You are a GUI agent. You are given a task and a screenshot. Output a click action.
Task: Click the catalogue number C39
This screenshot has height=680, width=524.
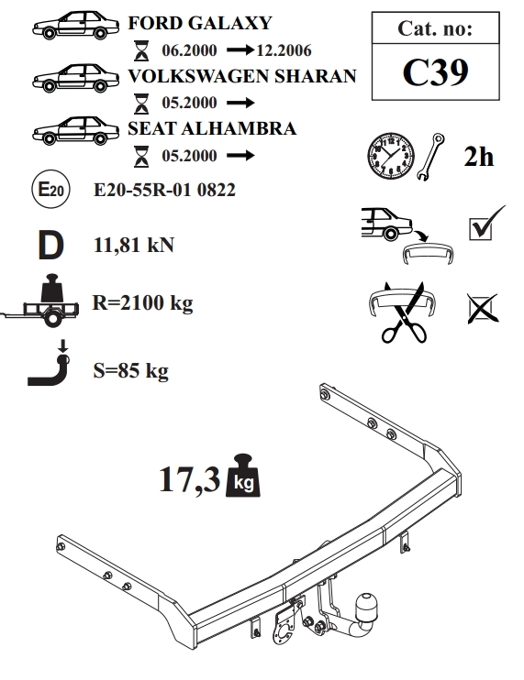[x=435, y=72]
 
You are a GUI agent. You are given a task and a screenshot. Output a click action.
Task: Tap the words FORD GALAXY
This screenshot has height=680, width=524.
[x=200, y=23]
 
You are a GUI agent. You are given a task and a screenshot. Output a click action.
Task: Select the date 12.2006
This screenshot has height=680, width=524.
[x=284, y=50]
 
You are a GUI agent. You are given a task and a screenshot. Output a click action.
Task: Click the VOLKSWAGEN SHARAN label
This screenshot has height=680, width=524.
[x=242, y=76]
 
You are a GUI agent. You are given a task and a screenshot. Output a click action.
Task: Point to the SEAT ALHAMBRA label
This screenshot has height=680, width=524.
[x=212, y=128]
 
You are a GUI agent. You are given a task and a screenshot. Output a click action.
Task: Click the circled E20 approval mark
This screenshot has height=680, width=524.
[x=51, y=190]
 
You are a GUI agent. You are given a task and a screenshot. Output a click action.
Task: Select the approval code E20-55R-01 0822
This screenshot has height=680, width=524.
[x=164, y=190]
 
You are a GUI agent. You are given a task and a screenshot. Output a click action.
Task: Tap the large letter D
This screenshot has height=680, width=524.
[x=50, y=245]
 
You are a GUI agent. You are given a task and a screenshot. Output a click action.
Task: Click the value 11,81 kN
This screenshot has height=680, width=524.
[x=134, y=245]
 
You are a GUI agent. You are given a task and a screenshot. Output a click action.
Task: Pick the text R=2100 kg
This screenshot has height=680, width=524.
[x=143, y=302]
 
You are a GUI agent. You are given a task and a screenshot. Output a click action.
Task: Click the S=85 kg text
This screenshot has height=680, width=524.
[x=130, y=370]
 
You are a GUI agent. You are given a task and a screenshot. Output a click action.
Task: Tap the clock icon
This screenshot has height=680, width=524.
[x=391, y=156]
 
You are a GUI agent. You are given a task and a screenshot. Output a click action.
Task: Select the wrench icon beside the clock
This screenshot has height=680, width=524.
[x=430, y=157]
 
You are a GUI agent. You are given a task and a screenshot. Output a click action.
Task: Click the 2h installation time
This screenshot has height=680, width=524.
[x=479, y=156]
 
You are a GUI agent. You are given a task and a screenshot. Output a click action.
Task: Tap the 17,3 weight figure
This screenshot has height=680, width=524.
[x=190, y=479]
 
